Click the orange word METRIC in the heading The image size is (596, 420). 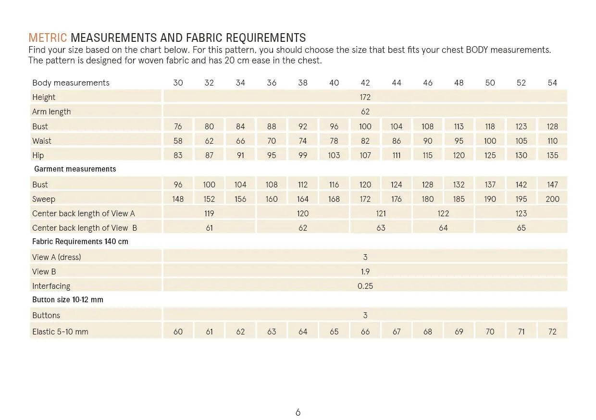tap(48, 38)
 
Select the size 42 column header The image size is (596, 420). tap(365, 83)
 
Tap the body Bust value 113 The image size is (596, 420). tap(459, 126)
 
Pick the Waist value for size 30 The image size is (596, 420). tap(178, 141)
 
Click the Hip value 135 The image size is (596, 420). tap(552, 155)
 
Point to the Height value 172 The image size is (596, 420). tap(365, 97)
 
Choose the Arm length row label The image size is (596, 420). tap(51, 111)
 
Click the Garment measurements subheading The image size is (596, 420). tap(75, 169)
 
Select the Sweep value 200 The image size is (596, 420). tap(552, 199)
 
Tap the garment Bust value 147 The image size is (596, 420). tap(552, 185)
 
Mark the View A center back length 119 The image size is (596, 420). tap(209, 213)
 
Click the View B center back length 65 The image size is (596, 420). tap(521, 228)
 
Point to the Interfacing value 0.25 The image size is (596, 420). tap(365, 286)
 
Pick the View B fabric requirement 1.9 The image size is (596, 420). tap(365, 272)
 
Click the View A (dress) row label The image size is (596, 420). tap(57, 257)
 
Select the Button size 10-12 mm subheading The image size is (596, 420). tap(68, 300)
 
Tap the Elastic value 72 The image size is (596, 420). tap(552, 332)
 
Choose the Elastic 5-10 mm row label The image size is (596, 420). tap(60, 332)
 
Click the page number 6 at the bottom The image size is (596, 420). tap(298, 412)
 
